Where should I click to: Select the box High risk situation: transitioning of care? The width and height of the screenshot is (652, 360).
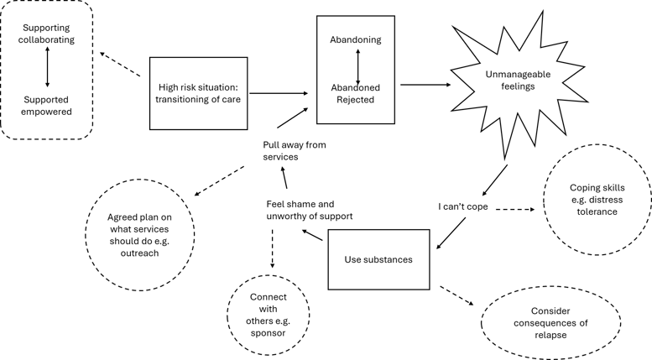[x=199, y=93]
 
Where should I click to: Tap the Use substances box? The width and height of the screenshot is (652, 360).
[x=378, y=259]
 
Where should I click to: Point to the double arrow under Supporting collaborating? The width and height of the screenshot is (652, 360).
[x=48, y=68]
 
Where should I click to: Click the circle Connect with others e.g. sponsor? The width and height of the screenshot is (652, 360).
[x=269, y=315]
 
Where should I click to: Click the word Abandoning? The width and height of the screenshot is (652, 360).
[x=356, y=39]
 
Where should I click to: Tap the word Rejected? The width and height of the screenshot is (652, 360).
[x=356, y=100]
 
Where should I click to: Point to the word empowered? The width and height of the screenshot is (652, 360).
[x=47, y=112]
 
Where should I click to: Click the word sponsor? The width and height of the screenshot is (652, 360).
[x=269, y=333]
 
